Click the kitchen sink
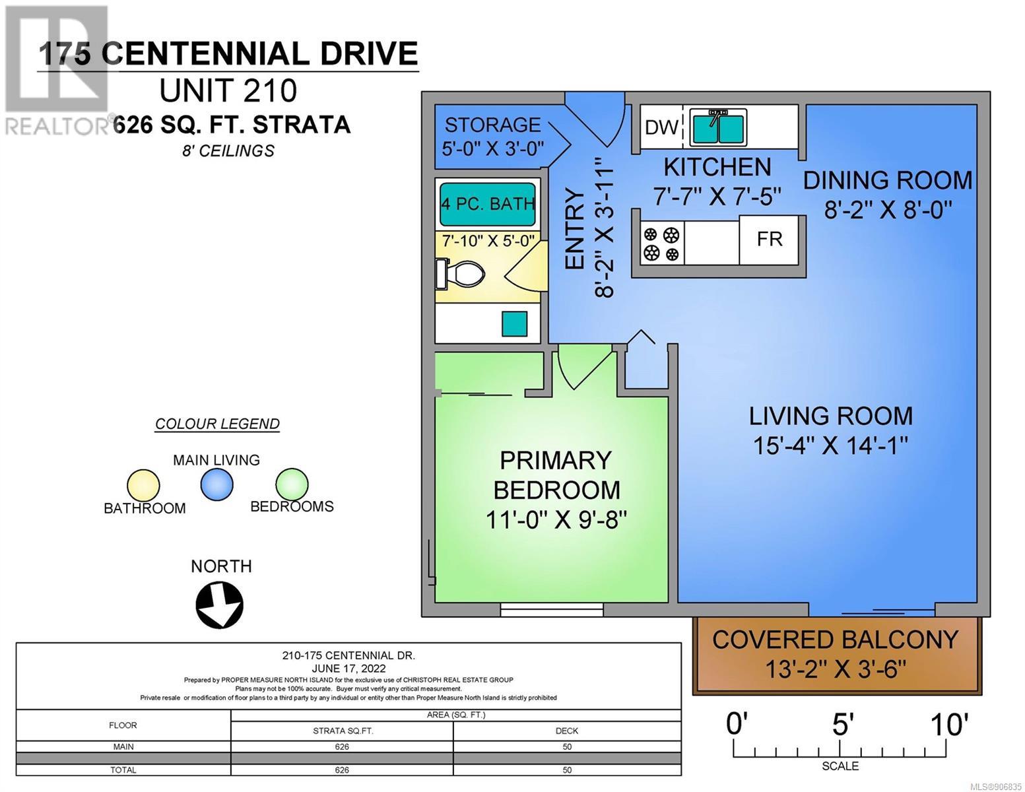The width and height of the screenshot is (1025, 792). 718,127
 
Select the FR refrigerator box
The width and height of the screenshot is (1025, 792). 769,240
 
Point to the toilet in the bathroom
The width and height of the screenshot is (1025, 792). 461,274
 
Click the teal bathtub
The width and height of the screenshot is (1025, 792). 488,204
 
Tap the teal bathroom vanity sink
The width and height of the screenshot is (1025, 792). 514,323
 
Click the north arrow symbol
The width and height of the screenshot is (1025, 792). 220,605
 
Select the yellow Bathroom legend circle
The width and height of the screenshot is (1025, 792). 143,485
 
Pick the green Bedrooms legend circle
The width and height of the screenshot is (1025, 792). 292,484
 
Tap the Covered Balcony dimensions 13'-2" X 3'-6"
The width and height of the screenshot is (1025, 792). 836,669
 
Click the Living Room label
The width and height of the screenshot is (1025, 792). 831,416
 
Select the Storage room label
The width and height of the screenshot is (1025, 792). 493,125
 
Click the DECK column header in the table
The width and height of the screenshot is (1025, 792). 566,731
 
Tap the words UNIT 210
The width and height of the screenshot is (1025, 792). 228,90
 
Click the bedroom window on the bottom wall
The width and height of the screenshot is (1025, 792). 551,609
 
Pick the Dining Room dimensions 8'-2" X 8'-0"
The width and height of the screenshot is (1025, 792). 888,209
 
